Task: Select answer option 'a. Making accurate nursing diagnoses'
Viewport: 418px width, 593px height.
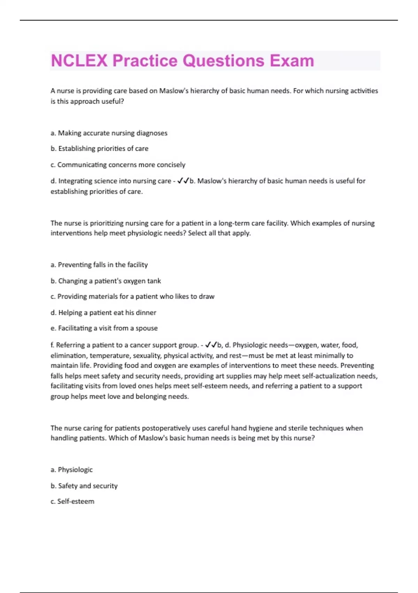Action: tap(109, 133)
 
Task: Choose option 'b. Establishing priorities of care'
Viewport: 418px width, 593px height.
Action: tap(100, 149)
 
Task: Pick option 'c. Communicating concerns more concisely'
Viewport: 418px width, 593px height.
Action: tap(118, 165)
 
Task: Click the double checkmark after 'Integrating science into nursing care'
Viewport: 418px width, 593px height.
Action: tap(183, 181)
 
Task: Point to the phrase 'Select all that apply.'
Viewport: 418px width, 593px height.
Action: tap(219, 233)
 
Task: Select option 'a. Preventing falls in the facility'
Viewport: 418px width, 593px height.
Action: tap(99, 265)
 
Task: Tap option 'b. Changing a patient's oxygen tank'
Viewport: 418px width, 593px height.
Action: tap(106, 281)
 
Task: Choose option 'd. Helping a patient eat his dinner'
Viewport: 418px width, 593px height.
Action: tap(103, 313)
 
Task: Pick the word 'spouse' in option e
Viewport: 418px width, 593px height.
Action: tap(147, 328)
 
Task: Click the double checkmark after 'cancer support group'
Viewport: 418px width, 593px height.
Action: tap(211, 345)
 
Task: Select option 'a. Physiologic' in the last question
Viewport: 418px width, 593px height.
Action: tap(72, 470)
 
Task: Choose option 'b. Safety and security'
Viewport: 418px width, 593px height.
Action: tap(84, 486)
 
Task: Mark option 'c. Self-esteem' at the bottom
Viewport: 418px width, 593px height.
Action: tap(72, 502)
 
